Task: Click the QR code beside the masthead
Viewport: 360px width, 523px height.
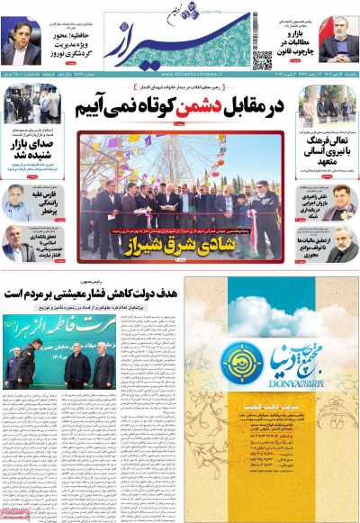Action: pos(262,59)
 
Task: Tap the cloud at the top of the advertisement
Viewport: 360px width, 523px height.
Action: pos(270,298)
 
